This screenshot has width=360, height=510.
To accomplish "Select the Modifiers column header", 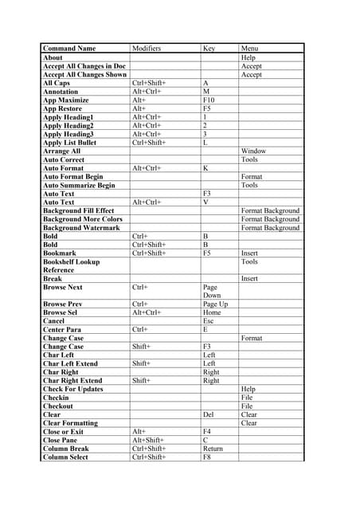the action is (x=147, y=49).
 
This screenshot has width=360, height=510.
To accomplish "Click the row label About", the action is (x=53, y=57).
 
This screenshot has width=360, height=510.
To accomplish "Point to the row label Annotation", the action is (x=61, y=92).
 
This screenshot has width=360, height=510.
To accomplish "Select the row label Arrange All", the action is (x=61, y=151).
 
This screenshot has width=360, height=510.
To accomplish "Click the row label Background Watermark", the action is (x=82, y=228).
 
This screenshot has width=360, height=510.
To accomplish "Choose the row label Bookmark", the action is (x=61, y=253).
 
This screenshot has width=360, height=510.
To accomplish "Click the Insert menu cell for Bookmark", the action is (x=249, y=253).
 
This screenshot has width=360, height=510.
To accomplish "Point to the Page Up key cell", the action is (x=215, y=304).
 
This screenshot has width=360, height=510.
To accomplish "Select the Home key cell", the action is (x=212, y=313).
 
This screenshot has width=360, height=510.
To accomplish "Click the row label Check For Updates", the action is (x=72, y=389).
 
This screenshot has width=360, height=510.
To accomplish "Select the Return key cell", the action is (x=213, y=449).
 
